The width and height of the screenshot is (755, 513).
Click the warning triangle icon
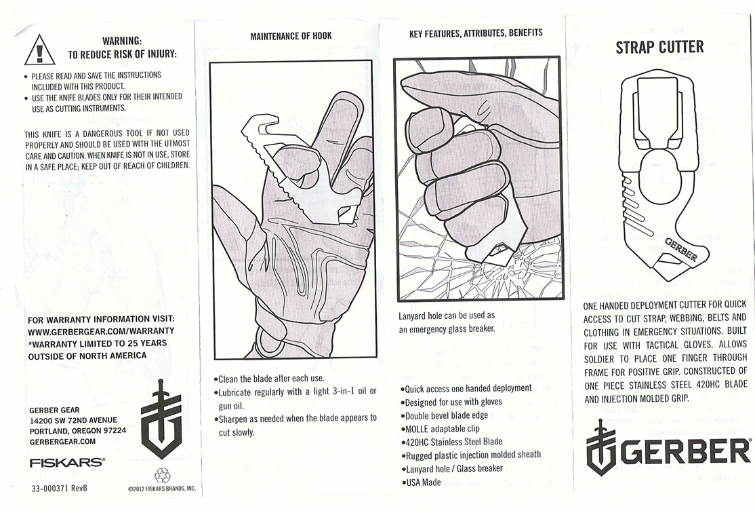click(39, 50)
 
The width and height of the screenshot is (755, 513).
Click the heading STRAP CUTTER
click(659, 47)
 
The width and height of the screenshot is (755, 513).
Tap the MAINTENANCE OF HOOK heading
click(291, 36)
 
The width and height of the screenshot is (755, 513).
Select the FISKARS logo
click(67, 462)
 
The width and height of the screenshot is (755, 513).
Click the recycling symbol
click(162, 474)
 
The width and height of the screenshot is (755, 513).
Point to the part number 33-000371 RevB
click(60, 488)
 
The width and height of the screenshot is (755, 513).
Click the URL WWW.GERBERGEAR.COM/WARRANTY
click(101, 331)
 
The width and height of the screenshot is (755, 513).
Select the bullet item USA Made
click(424, 482)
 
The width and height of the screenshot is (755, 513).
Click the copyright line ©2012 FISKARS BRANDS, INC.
click(162, 488)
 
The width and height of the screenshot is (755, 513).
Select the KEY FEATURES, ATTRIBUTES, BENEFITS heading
click(476, 33)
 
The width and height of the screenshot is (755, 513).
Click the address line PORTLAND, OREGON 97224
click(77, 430)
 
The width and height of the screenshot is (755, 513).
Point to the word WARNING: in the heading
click(122, 41)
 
